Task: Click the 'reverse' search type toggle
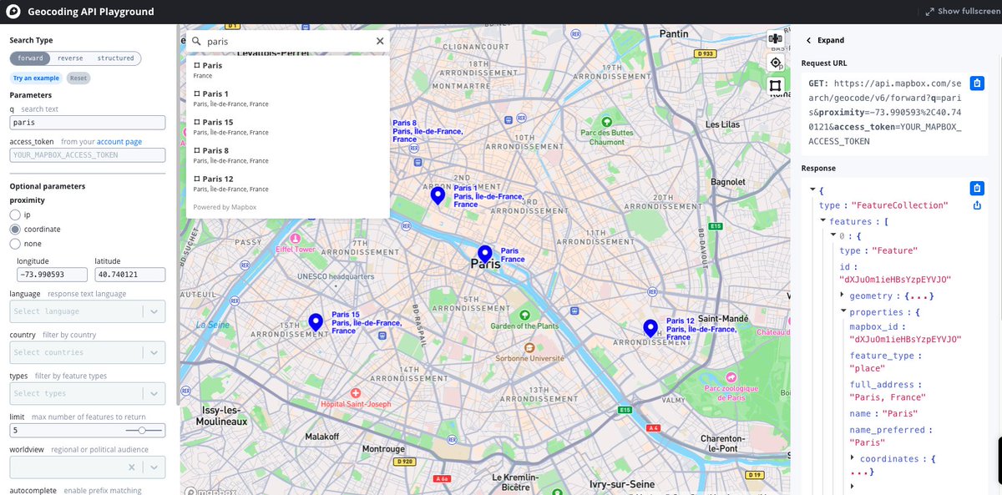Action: [70, 58]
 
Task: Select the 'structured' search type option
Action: [115, 58]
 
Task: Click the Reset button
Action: [78, 78]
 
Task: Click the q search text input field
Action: [88, 123]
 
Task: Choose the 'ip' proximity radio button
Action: [15, 215]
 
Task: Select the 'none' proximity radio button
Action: [15, 244]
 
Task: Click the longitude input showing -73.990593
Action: [49, 275]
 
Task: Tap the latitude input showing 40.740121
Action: [129, 275]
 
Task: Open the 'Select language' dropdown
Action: [87, 311]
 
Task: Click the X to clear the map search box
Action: [380, 41]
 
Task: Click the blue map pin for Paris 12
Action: [650, 328]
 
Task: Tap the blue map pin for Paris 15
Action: [316, 322]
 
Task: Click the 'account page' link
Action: [119, 142]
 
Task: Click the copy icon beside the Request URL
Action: [977, 82]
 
